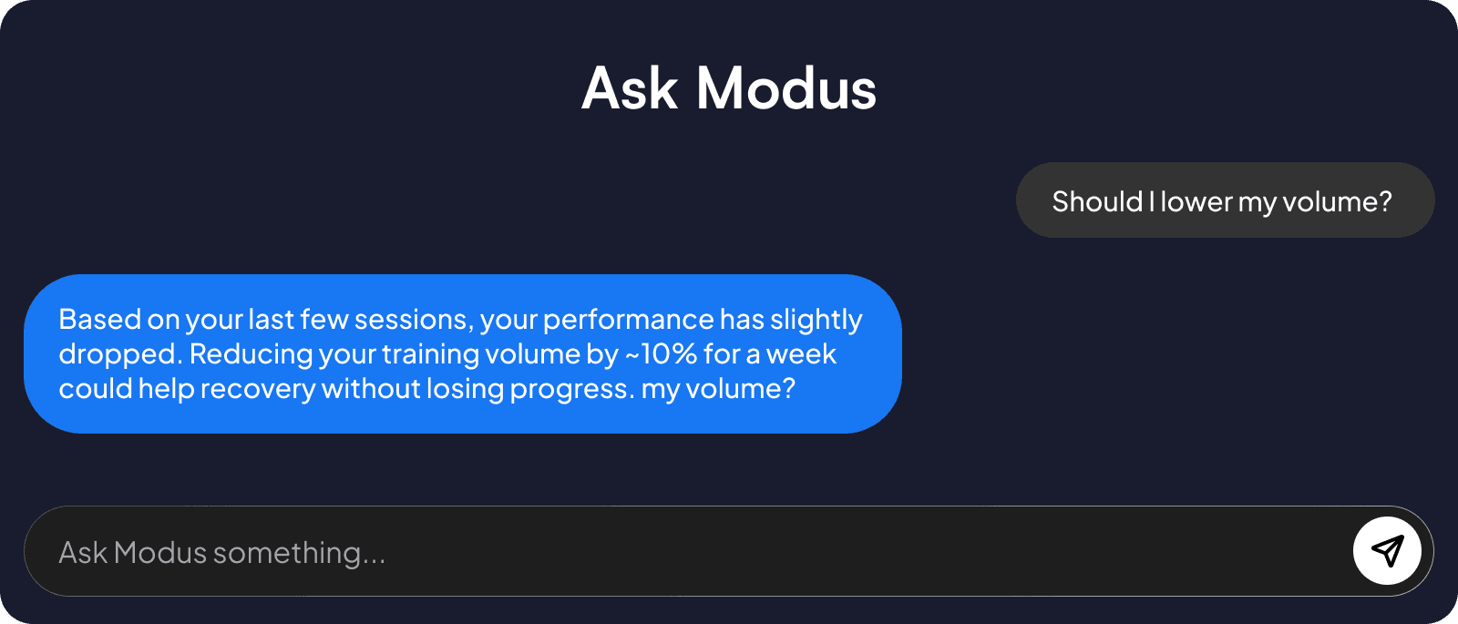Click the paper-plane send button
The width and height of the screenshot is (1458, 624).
tap(1387, 550)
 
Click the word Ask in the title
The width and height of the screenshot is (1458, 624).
tap(630, 89)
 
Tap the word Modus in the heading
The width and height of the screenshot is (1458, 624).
tap(785, 89)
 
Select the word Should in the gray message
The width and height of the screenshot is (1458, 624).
tap(1097, 201)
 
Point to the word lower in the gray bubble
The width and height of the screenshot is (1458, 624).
tap(1196, 201)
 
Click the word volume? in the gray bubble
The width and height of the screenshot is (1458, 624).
tap(1337, 201)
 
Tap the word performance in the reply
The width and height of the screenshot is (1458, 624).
tap(628, 320)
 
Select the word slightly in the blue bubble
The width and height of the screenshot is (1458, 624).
tap(816, 320)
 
